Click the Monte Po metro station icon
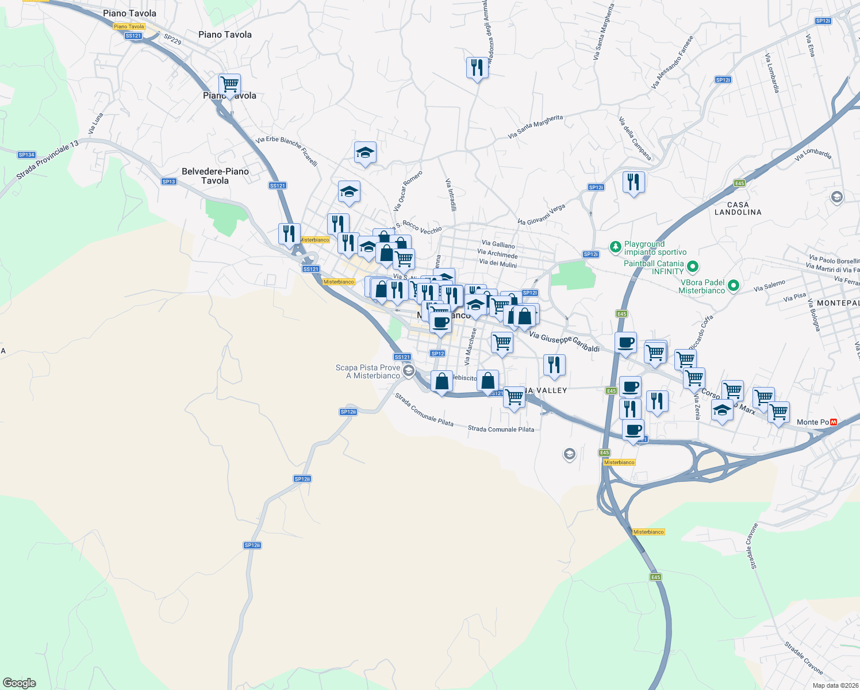pos(834,422)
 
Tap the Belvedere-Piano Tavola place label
pos(215,176)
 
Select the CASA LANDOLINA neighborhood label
pos(738,208)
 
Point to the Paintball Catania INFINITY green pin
pos(693,266)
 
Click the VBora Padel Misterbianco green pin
pos(733,285)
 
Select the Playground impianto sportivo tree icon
pos(616,247)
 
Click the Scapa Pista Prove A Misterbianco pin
pos(408,370)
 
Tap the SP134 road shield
pos(26,155)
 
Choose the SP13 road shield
pos(168,182)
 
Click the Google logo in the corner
pos(20,683)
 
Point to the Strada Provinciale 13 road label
pos(47,160)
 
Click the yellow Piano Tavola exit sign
pos(129,26)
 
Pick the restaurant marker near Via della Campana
pos(634,182)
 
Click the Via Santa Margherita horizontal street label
pos(535,126)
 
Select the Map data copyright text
pos(835,685)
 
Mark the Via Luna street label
pos(96,124)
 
